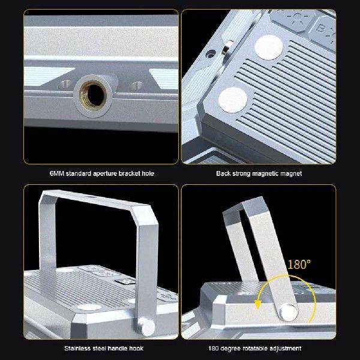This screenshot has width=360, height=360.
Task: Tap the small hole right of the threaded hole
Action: click(x=137, y=85)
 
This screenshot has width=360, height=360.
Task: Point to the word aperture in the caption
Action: click(x=106, y=173)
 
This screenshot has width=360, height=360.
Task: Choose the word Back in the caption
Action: click(x=223, y=173)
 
